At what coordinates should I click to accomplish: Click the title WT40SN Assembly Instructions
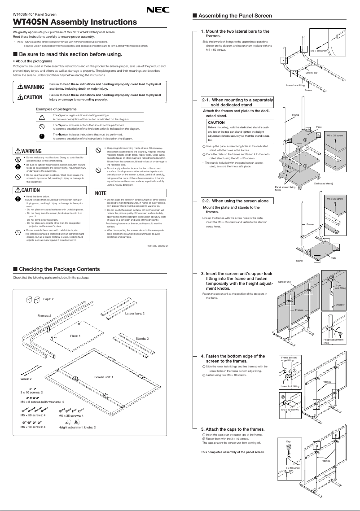(75, 22)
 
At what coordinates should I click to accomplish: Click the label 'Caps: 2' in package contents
(48, 299)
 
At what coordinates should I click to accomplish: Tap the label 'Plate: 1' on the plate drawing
(75, 336)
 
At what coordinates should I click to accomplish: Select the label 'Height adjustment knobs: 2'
(77, 427)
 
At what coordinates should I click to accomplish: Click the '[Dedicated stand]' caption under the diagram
(323, 183)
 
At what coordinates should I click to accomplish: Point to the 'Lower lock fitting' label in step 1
(295, 85)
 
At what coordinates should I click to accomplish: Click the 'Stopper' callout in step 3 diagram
(340, 305)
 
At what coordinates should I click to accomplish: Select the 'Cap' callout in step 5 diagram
(289, 442)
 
